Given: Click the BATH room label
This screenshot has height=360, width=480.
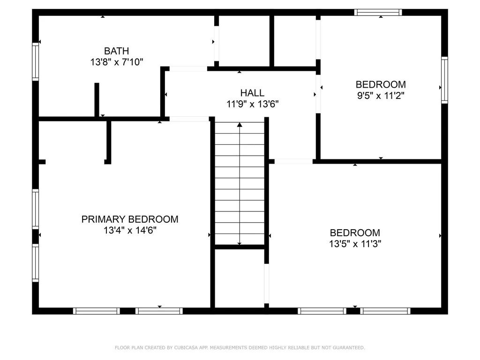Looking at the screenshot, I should (116, 51).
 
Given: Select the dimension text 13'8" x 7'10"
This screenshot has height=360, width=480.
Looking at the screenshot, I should (116, 61).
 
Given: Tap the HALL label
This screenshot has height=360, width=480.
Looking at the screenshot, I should (252, 93).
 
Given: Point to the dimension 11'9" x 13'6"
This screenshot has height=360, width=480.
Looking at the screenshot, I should (253, 104).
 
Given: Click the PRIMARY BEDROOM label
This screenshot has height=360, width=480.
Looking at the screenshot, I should (130, 219).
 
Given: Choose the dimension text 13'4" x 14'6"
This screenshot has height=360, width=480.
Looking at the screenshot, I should (130, 230).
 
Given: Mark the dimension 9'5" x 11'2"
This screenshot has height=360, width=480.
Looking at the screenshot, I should (381, 96).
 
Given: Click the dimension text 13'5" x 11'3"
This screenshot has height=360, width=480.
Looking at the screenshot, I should (355, 244).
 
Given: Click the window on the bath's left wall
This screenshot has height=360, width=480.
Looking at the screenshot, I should (35, 61).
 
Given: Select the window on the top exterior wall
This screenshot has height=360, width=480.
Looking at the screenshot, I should (378, 12).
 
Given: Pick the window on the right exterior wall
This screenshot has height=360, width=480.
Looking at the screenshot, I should (444, 80).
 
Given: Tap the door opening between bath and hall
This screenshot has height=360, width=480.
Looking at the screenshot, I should (188, 69).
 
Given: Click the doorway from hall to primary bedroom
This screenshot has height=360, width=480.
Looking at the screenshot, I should (189, 119).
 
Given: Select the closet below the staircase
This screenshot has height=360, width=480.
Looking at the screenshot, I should (240, 277).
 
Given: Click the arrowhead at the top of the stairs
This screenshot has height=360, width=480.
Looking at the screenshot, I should (240, 125).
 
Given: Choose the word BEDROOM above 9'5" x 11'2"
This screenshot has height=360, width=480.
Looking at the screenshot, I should (381, 84).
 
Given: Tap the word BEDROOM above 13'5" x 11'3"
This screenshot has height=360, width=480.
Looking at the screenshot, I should (355, 232).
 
